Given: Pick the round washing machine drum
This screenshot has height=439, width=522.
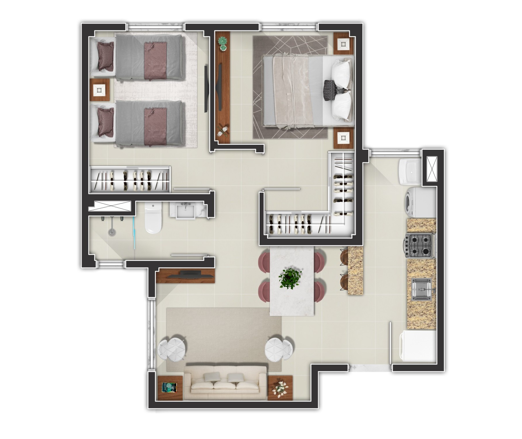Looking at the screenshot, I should (412, 202).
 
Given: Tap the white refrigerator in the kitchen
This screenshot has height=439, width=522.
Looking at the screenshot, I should (418, 347).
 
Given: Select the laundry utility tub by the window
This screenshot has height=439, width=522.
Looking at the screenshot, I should (409, 171).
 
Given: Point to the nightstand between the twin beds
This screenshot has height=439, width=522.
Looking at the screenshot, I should (99, 90).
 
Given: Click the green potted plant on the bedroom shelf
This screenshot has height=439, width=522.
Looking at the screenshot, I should (223, 42).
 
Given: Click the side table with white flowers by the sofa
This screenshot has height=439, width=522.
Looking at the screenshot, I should (280, 388).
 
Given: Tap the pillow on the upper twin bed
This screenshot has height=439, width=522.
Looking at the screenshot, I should (105, 56).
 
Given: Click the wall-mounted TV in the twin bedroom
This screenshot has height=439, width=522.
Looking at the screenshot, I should (206, 89).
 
